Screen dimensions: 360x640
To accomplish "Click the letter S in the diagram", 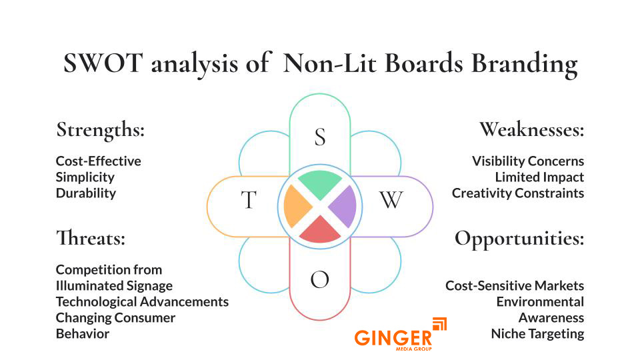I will point(320,137).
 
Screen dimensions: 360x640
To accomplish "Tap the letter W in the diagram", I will point(391,200).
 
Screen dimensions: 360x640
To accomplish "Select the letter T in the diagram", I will point(248,200).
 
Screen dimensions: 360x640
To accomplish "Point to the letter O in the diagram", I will point(320,281).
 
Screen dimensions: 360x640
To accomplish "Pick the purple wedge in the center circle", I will point(343,206).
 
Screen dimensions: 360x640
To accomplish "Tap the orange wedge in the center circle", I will point(297,207).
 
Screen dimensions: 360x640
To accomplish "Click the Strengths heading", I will point(100,129).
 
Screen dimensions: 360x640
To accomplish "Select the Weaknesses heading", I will point(531,129).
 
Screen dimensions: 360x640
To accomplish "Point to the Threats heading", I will point(91,237).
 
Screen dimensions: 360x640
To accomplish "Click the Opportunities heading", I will point(519,239).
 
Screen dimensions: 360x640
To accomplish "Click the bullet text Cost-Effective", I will point(98,161).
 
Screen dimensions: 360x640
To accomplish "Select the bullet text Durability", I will point(86,193).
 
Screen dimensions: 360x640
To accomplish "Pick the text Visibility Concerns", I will point(528,161).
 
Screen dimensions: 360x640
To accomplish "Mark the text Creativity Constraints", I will point(518,193).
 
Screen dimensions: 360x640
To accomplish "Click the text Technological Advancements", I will point(142,302).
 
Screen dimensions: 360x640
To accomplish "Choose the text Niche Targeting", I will point(537,334).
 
